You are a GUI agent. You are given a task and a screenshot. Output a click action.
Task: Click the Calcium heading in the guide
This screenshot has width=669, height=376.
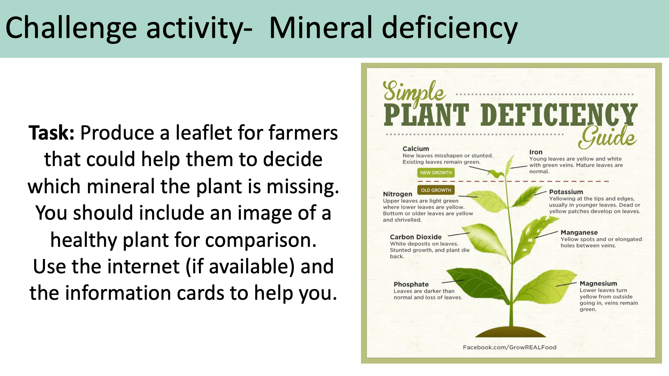416,149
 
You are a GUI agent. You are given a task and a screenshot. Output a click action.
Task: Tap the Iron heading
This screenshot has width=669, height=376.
536,152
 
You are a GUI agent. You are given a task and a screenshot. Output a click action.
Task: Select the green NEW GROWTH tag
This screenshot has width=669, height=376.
436,173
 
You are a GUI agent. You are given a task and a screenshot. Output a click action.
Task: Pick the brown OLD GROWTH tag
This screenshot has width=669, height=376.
436,190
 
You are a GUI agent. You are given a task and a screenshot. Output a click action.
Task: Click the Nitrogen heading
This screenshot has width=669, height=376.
397,194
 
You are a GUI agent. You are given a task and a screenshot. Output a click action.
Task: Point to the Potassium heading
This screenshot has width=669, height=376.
566,192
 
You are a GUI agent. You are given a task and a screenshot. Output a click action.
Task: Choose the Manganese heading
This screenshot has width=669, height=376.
579,233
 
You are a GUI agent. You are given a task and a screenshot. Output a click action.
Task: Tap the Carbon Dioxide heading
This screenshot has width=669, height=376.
415,237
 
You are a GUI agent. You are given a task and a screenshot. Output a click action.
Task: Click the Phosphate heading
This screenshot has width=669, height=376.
411,284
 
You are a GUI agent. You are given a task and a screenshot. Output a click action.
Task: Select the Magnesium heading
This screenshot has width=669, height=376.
598,283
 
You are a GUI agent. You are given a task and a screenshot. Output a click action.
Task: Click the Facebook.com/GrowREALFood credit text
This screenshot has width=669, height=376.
509,347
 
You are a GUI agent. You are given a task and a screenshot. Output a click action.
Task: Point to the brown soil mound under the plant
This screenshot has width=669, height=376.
510,332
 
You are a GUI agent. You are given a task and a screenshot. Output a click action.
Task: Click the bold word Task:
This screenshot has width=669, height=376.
51,133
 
